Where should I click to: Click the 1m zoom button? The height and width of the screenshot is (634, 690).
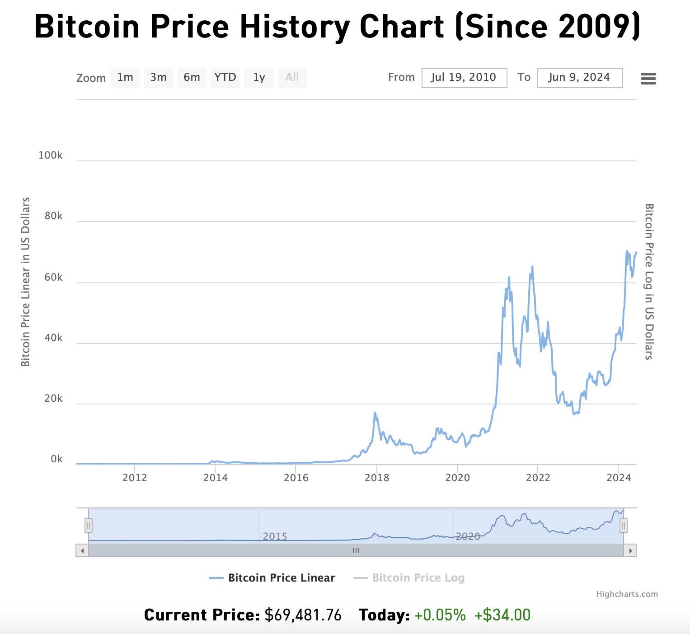pyautogui.click(x=125, y=78)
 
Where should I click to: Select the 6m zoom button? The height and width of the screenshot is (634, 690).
pyautogui.click(x=192, y=78)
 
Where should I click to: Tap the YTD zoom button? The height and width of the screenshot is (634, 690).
pyautogui.click(x=225, y=78)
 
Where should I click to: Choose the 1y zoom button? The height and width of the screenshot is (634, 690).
pyautogui.click(x=258, y=78)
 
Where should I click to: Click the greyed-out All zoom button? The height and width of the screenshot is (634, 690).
pyautogui.click(x=292, y=78)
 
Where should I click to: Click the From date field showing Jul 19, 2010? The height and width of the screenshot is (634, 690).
pyautogui.click(x=464, y=78)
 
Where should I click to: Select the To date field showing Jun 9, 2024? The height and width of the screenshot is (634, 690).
pyautogui.click(x=580, y=78)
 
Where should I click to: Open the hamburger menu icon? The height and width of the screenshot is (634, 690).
pyautogui.click(x=648, y=79)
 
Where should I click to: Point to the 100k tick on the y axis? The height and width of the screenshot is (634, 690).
pyautogui.click(x=51, y=155)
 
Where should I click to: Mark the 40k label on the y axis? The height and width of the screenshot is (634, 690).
pyautogui.click(x=53, y=338)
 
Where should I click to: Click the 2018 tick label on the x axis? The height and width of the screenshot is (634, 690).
pyautogui.click(x=376, y=478)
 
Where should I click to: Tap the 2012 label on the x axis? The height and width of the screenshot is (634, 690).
pyautogui.click(x=135, y=478)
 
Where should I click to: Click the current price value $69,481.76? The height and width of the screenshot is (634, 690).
pyautogui.click(x=303, y=615)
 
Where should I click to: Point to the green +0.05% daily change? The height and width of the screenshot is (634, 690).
pyautogui.click(x=440, y=615)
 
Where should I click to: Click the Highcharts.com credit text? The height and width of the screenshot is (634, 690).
pyautogui.click(x=627, y=594)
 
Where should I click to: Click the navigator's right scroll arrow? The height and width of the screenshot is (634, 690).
pyautogui.click(x=630, y=550)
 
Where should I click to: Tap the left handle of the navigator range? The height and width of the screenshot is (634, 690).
pyautogui.click(x=89, y=526)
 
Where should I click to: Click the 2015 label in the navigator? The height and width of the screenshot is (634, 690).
pyautogui.click(x=275, y=536)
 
